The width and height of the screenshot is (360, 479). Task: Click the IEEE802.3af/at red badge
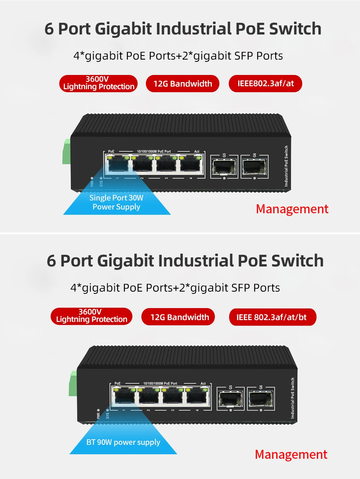[265, 84]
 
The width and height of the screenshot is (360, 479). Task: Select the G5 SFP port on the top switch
[224, 167]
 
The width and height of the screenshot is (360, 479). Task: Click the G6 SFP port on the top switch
[255, 167]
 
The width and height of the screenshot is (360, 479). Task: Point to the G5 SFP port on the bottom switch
[231, 399]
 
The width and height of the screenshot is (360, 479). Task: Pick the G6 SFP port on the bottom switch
[261, 399]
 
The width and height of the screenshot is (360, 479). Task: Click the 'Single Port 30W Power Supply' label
[116, 202]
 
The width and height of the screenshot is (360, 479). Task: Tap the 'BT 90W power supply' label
[123, 442]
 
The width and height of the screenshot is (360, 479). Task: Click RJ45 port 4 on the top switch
[191, 165]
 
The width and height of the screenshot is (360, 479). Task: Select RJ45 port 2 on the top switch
[142, 165]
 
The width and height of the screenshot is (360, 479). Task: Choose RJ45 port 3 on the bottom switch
[173, 397]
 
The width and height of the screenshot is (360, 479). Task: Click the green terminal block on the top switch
[67, 151]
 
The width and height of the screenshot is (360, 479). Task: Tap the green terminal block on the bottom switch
[73, 383]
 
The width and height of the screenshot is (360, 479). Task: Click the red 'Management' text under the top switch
[292, 209]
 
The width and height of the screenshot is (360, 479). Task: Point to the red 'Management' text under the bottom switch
[291, 455]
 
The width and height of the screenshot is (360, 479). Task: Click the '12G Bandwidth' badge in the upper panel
[183, 84]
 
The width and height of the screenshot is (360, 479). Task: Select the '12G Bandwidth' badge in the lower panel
[179, 317]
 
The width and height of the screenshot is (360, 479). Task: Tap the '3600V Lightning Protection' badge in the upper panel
[98, 83]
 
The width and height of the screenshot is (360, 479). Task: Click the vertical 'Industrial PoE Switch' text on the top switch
[286, 166]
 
